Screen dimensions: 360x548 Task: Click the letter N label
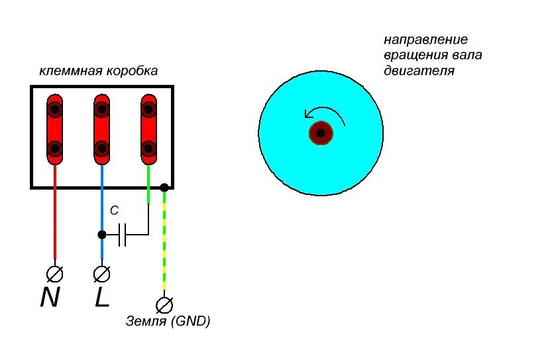[50, 298]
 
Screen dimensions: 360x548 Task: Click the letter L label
[101, 298]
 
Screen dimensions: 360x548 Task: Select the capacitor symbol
[122, 234]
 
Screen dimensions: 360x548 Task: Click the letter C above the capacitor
[114, 211]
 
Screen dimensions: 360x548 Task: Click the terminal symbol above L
[101, 272]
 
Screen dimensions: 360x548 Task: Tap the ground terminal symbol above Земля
[164, 304]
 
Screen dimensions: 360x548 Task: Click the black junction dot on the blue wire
[101, 234]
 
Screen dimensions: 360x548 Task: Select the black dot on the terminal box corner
[164, 188]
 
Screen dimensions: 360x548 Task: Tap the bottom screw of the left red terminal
[55, 148]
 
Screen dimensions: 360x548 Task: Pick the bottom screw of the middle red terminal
[101, 148]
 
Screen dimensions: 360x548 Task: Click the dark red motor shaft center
[321, 133]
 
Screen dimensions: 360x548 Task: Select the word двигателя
[419, 70]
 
